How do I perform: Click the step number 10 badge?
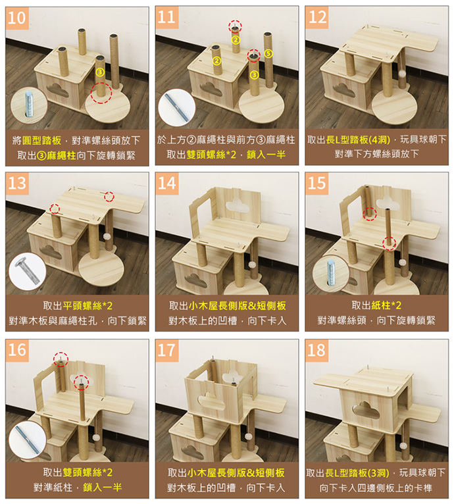click(17, 17)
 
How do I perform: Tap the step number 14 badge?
click(167, 183)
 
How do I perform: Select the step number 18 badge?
click(316, 350)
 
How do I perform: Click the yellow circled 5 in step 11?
click(268, 54)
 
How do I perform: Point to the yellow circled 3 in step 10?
click(100, 72)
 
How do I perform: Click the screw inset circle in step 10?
click(28, 105)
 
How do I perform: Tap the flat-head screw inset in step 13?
click(28, 271)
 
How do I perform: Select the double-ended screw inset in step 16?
click(28, 440)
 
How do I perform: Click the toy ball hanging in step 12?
click(401, 74)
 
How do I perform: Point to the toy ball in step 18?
click(402, 445)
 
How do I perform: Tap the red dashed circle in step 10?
click(101, 92)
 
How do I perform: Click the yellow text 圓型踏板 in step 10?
click(41, 140)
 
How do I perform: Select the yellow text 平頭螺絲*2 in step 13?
click(88, 305)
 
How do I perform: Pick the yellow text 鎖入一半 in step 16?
click(102, 488)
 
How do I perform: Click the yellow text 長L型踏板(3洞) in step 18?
click(357, 473)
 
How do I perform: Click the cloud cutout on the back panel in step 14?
click(238, 205)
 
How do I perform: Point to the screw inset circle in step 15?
click(331, 273)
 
